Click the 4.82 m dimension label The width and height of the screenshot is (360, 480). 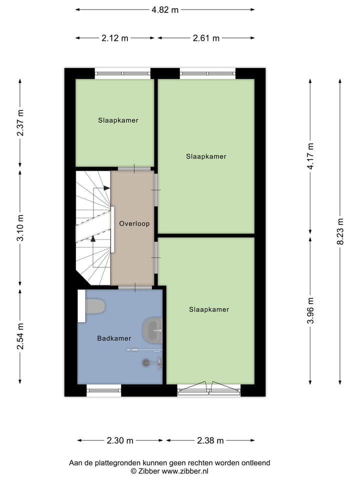[x=165, y=9]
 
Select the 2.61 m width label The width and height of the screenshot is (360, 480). [x=205, y=38]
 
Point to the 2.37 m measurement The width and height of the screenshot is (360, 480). [x=20, y=123]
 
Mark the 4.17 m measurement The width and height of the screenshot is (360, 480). [x=310, y=156]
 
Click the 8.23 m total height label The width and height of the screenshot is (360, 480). [x=340, y=231]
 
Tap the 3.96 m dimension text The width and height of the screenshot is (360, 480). [x=310, y=310]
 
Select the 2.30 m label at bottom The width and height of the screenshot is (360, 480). [x=120, y=440]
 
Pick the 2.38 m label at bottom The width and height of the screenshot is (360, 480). [x=210, y=440]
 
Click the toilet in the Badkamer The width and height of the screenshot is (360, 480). [x=94, y=306]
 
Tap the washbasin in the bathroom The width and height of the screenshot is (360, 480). [x=153, y=329]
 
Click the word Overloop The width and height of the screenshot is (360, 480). [x=134, y=223]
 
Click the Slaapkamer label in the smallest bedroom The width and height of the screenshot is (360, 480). [x=118, y=120]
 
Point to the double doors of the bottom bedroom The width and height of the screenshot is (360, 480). [x=209, y=388]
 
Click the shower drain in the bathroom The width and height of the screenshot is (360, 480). [x=146, y=362]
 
